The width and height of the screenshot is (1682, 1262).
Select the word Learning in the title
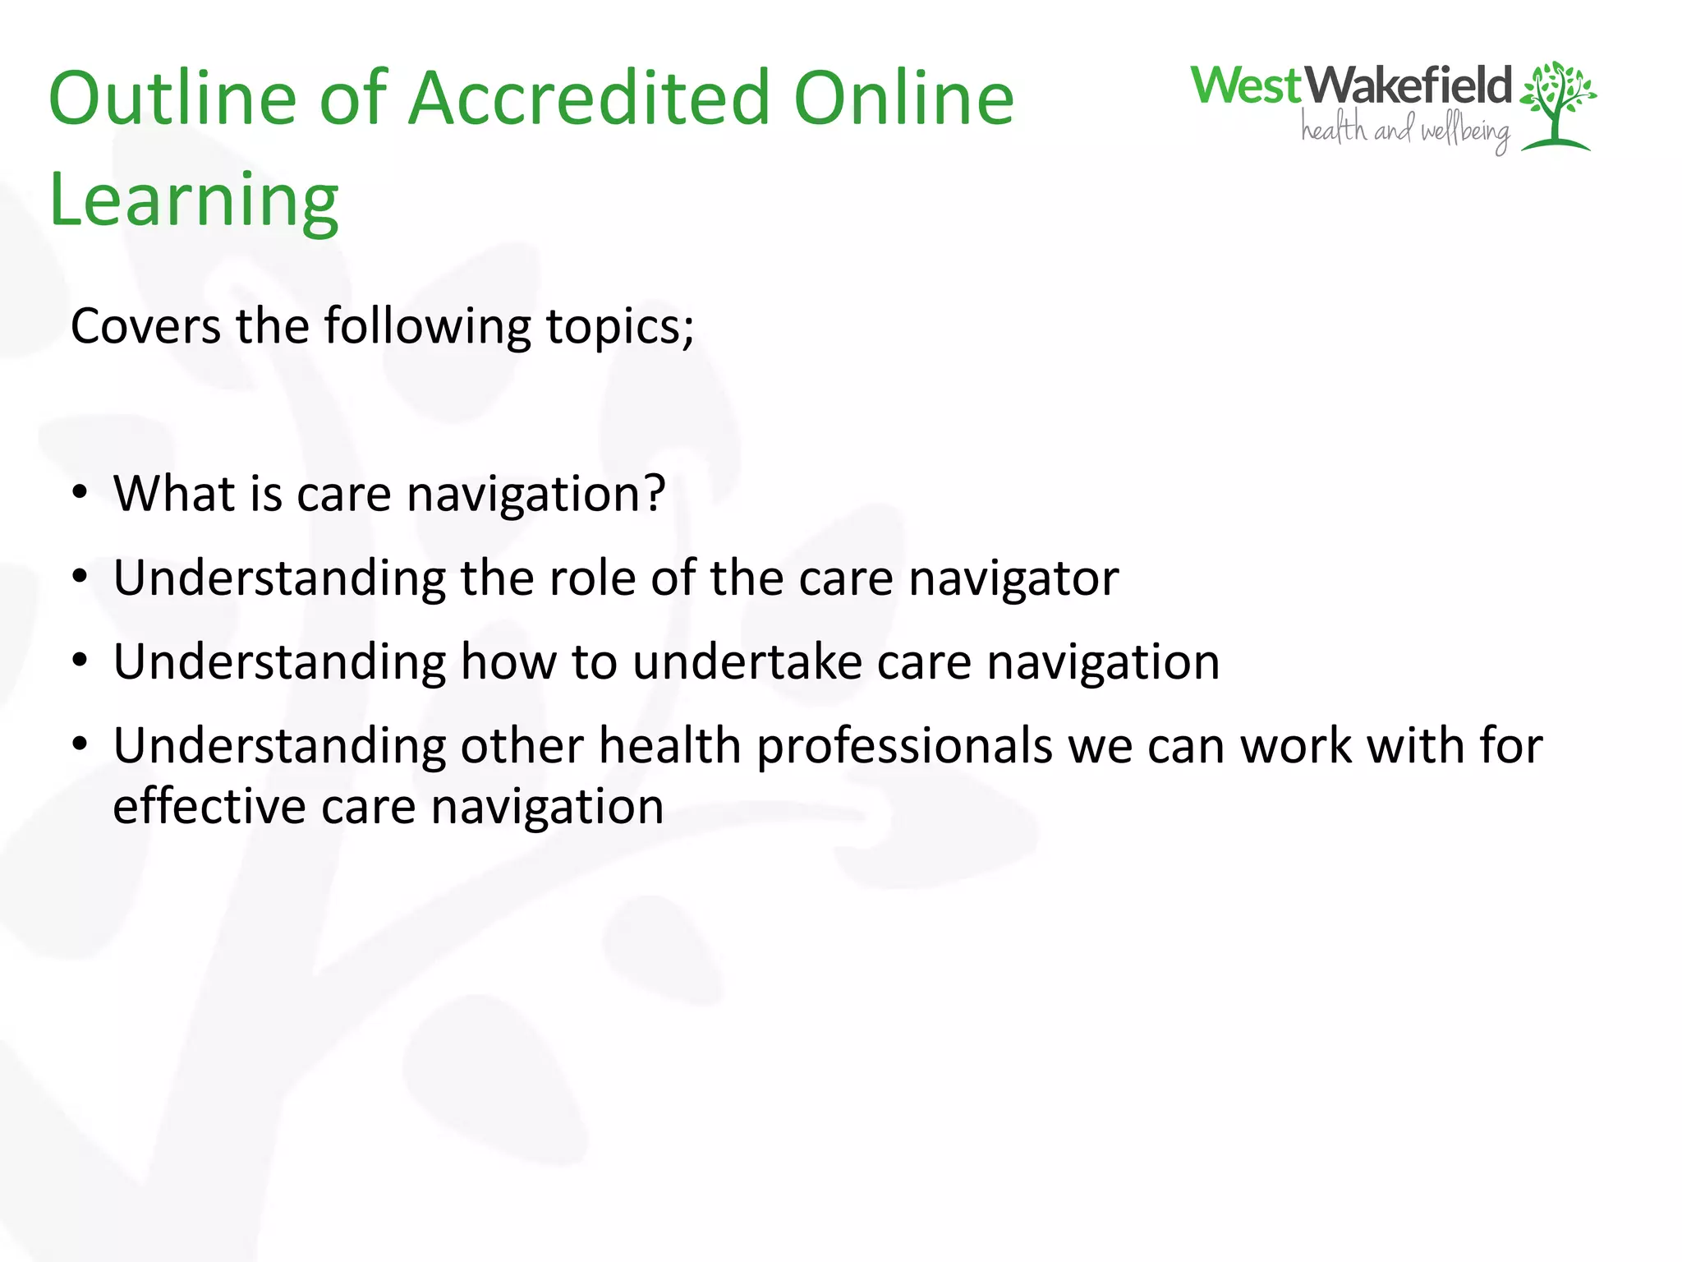tap(194, 200)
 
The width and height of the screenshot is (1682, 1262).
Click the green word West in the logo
tap(1247, 85)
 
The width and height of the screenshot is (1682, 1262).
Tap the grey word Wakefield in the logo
tap(1408, 85)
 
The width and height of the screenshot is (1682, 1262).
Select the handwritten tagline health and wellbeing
tap(1405, 131)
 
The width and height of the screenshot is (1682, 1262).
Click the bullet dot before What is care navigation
tap(80, 493)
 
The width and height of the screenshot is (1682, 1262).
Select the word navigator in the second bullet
tap(1013, 578)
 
